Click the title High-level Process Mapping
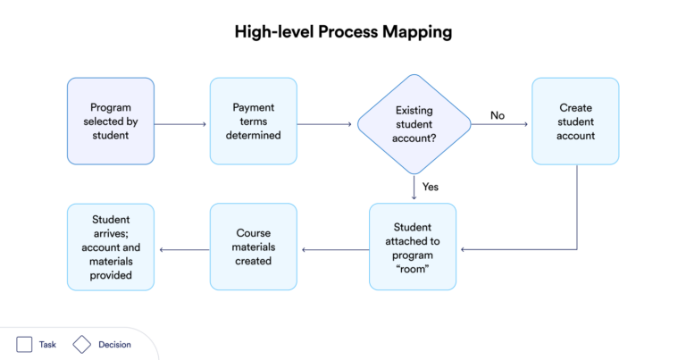coord(343,32)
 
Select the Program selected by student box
coord(111,121)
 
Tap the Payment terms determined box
coord(254,121)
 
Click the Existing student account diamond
coord(414,123)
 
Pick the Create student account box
coord(575,121)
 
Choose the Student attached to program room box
coord(413,246)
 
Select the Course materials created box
coord(254,246)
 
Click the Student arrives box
coord(111,246)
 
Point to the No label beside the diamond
coord(498,115)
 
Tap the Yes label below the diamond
coord(430,187)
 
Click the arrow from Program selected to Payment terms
coord(181,124)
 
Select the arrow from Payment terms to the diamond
coord(327,124)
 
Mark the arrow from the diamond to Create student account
coord(500,125)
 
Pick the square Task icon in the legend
coord(24,344)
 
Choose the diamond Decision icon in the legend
coord(82,344)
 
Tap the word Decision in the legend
coord(114,344)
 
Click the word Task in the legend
coord(47,344)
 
